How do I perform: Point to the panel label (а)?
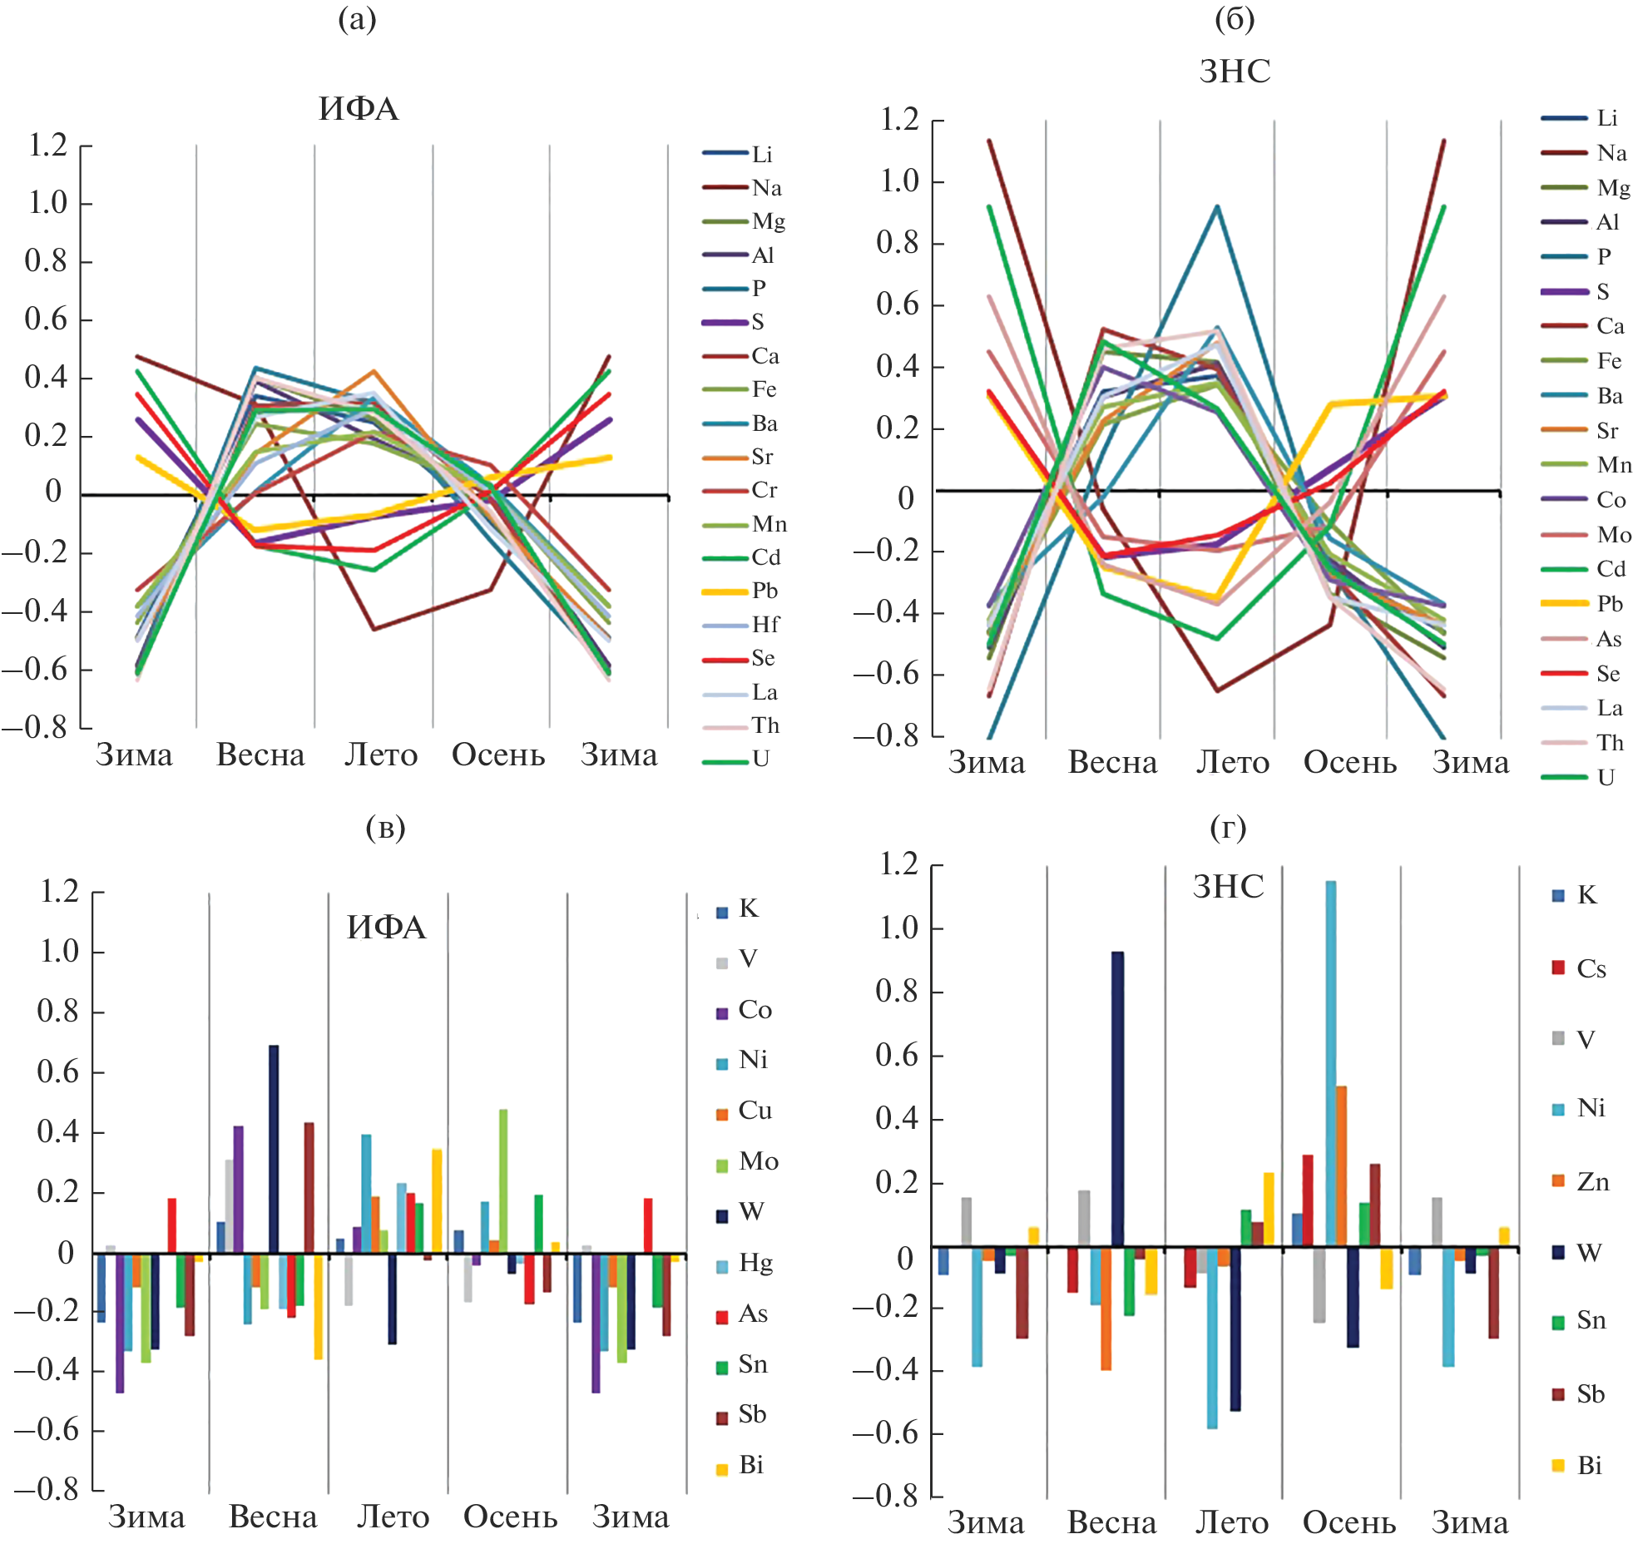point(357,18)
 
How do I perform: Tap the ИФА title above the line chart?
point(359,109)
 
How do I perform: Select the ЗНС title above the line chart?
point(1235,72)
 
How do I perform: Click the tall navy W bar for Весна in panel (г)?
point(1116,1098)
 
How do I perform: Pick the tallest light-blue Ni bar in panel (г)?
point(1331,1063)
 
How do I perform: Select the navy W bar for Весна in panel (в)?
point(274,1149)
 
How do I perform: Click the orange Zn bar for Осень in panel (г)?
point(1341,1165)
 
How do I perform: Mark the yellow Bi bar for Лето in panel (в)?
point(437,1201)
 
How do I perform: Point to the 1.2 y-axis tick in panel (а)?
point(47,146)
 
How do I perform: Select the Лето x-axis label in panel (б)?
point(1233,762)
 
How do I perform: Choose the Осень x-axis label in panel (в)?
point(510,1517)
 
